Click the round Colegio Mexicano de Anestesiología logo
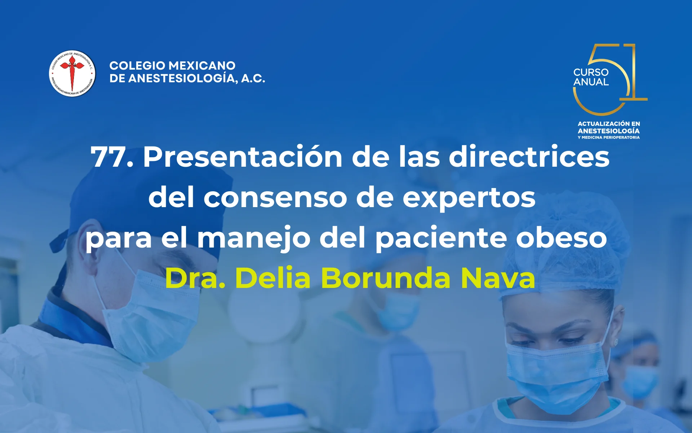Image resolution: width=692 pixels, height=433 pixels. (x=72, y=74)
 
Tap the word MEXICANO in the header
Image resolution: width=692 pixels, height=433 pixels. (x=202, y=66)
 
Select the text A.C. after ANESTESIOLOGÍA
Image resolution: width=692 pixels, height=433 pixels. (x=253, y=78)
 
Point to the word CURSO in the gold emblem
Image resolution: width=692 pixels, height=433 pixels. (x=591, y=72)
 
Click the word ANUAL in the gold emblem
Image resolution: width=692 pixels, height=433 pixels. (x=591, y=82)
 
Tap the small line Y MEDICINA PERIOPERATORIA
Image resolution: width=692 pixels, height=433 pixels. (x=608, y=137)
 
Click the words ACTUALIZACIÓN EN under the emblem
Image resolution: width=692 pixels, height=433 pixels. (x=608, y=124)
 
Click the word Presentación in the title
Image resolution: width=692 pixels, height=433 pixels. (x=243, y=157)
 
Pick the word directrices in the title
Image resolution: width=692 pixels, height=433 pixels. (x=529, y=157)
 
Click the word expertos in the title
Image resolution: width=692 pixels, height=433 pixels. (x=469, y=198)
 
